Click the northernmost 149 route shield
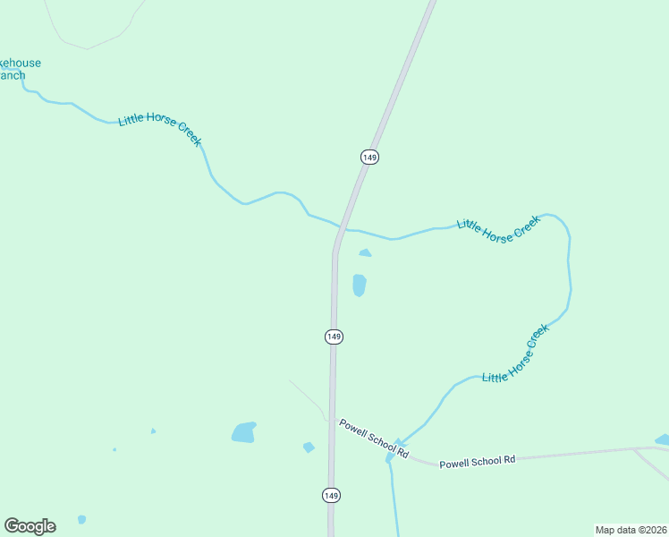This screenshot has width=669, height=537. click(369, 157)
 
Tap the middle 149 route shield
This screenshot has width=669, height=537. click(334, 337)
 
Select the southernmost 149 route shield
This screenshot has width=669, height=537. click(331, 495)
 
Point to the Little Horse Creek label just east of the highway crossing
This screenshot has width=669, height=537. click(499, 230)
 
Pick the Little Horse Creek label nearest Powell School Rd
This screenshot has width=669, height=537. click(515, 355)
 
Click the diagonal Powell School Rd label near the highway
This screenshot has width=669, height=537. click(374, 439)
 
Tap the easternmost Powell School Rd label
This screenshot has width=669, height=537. click(478, 461)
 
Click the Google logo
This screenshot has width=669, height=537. click(30, 526)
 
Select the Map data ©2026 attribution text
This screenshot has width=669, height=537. click(631, 529)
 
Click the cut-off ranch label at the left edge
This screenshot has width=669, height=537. click(20, 69)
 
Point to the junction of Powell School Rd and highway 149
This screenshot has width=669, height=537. click(332, 420)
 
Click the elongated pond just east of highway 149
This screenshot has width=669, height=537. click(360, 286)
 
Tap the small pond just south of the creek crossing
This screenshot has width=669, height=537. click(365, 253)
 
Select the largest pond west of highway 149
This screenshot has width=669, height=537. click(243, 433)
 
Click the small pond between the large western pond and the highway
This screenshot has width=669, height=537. click(309, 447)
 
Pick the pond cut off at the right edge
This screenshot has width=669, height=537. click(663, 439)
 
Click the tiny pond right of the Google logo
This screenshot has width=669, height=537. click(81, 519)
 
